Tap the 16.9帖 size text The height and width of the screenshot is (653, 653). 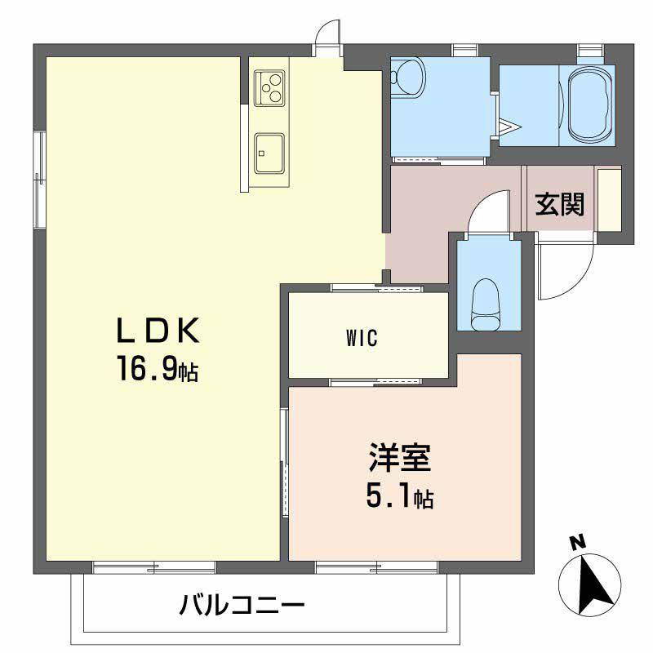tap(158, 371)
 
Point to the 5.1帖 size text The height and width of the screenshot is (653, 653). tap(399, 495)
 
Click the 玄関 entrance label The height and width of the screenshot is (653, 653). tap(560, 204)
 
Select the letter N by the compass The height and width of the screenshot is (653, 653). tap(577, 541)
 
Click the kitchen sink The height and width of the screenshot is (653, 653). tap(269, 153)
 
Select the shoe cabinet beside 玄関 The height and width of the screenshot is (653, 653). tap(609, 198)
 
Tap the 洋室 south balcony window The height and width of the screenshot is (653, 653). tap(376, 566)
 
